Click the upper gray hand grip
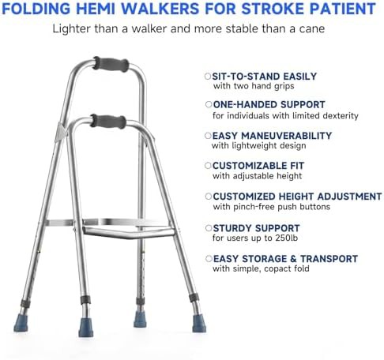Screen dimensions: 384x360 click(x=111, y=65)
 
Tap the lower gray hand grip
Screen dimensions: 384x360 click(x=108, y=122)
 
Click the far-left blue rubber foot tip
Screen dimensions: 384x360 click(x=21, y=323)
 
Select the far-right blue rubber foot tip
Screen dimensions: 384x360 click(x=199, y=324)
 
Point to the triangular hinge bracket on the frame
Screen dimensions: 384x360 click(x=61, y=133)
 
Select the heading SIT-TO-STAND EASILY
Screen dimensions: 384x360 click(x=265, y=77)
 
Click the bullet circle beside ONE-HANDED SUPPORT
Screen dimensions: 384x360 click(x=209, y=104)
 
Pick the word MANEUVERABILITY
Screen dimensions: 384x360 click(x=287, y=136)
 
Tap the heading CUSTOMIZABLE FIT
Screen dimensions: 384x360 click(x=258, y=166)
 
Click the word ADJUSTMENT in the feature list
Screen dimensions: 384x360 click(x=349, y=197)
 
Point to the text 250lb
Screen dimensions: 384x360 click(x=287, y=238)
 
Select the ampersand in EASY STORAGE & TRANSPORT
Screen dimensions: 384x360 click(x=293, y=259)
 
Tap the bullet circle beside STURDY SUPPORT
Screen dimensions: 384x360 click(x=209, y=228)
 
